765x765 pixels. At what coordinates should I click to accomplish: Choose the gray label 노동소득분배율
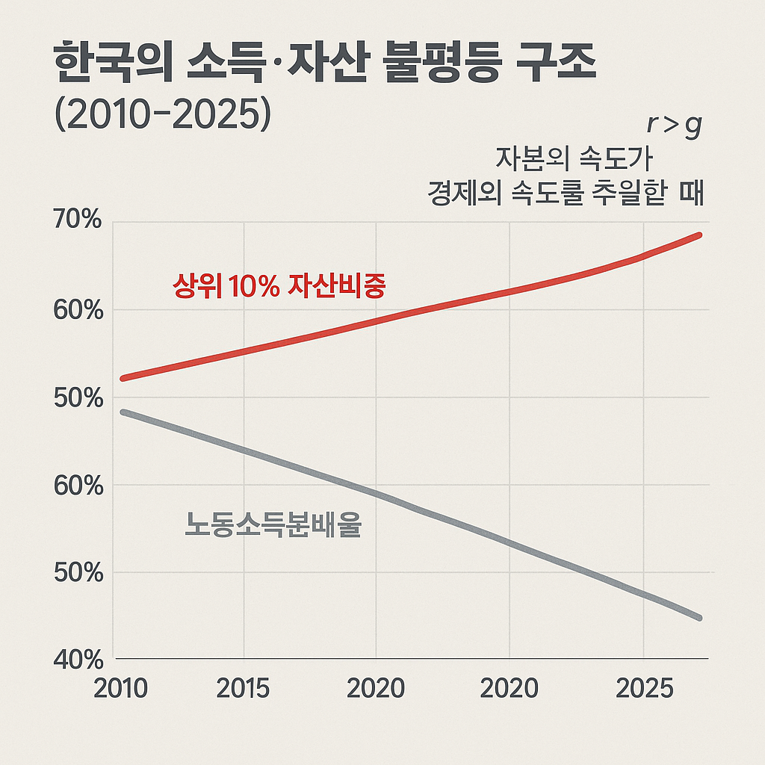tap(273, 527)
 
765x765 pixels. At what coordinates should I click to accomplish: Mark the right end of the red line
tap(699, 235)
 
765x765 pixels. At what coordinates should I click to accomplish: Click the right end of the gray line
tap(699, 617)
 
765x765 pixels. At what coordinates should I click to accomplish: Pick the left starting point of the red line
tap(123, 378)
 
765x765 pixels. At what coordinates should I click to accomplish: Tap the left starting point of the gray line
tap(123, 412)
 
